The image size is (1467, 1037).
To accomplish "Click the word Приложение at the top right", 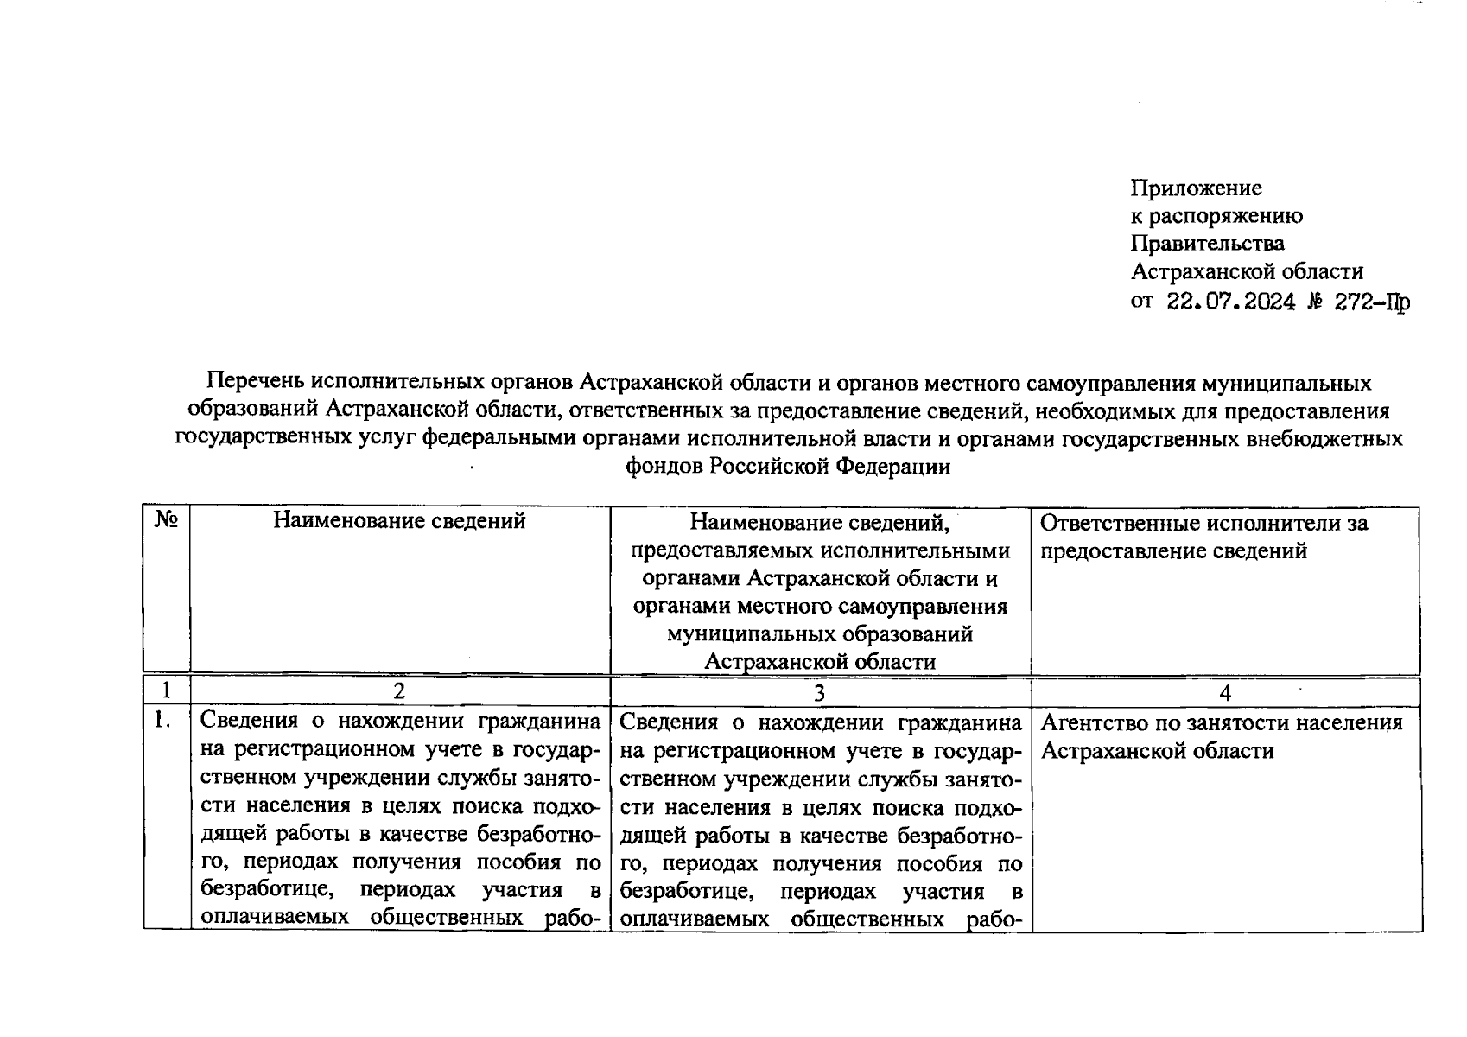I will click(x=1197, y=188).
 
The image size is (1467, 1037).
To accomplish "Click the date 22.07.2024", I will click(x=1231, y=302).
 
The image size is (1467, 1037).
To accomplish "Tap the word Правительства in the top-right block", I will click(x=1208, y=244).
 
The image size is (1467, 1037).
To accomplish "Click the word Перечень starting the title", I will click(x=256, y=381).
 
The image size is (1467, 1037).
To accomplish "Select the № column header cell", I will click(x=166, y=520).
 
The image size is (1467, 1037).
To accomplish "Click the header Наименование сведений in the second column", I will click(x=399, y=520).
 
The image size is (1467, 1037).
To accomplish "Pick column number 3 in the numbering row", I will click(x=820, y=691).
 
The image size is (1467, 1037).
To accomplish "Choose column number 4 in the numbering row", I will click(x=1224, y=691).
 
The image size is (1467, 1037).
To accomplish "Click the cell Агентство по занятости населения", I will click(x=1222, y=722).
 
